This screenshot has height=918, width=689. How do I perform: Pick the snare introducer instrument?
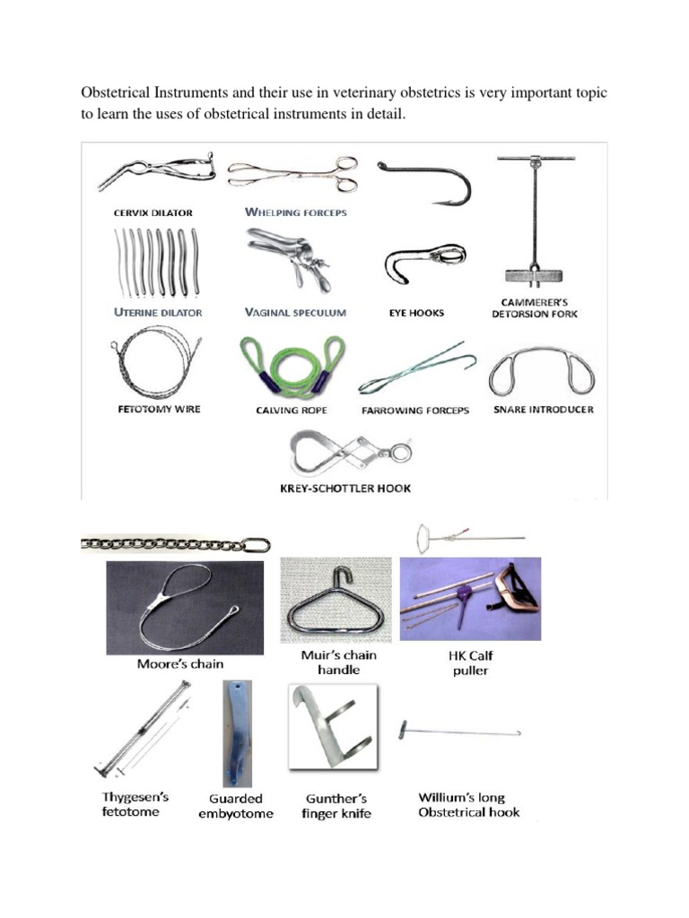(x=541, y=372)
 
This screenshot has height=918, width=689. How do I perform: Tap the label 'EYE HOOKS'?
(x=417, y=313)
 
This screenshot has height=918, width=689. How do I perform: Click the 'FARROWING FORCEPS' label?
(x=415, y=411)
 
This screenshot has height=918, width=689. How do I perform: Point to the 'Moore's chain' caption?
(x=180, y=664)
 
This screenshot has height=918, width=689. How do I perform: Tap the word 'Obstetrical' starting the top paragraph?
(x=116, y=93)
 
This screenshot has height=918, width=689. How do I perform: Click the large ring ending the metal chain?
(x=257, y=544)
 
